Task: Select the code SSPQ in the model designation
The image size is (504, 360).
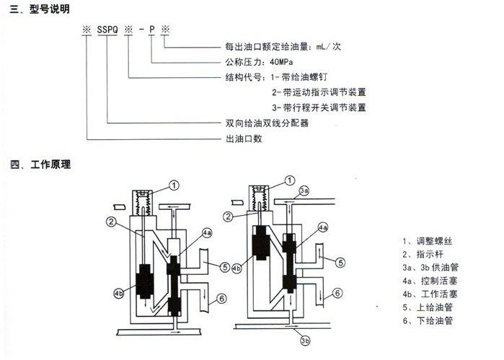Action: (x=108, y=31)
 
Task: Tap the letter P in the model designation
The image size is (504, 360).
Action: (x=151, y=31)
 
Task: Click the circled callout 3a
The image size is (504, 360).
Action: (x=304, y=190)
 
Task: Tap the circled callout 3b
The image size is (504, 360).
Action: (x=304, y=340)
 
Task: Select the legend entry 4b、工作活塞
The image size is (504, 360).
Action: (x=431, y=294)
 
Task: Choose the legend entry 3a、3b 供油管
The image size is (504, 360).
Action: (x=435, y=267)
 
